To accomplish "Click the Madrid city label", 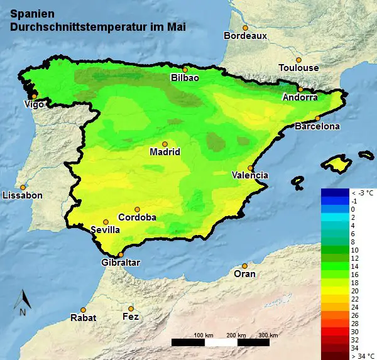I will point(165,152).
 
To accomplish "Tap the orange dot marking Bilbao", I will point(185,70).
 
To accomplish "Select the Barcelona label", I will point(317,126).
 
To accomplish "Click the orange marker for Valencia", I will point(251,168).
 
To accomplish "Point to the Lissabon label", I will point(23,195).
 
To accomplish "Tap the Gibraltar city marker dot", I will point(121,254).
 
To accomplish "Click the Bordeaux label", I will point(246,36).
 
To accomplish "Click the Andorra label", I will point(300,97).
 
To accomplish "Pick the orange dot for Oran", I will point(244,266).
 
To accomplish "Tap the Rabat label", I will point(84,317).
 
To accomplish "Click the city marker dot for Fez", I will point(131,308).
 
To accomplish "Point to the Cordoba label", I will point(137,217).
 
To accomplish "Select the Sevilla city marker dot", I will point(106,222).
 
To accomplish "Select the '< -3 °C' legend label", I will point(362,192).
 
